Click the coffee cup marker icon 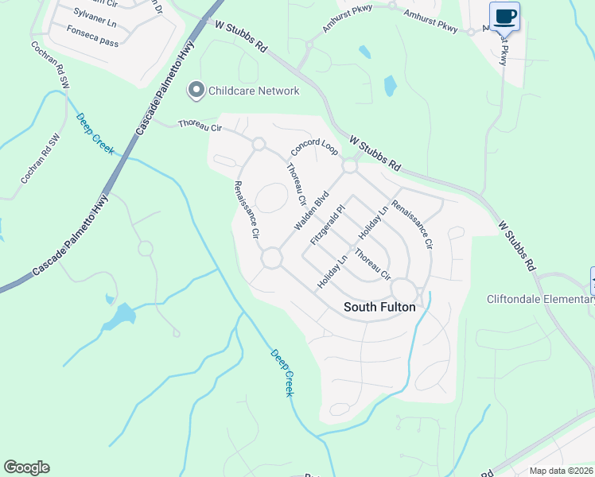(504, 16)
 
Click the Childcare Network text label (253, 91)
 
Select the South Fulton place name (379, 306)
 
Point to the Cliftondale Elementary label (540, 299)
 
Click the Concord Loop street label (314, 149)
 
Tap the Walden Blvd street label (312, 211)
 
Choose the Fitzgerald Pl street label (329, 224)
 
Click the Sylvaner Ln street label (95, 14)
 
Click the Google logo (26, 467)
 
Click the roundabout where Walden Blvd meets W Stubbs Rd (349, 167)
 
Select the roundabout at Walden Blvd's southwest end (271, 258)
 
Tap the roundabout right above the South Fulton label (402, 289)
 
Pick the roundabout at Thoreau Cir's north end (259, 144)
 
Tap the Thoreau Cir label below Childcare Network (200, 124)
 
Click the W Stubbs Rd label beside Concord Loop (375, 153)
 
